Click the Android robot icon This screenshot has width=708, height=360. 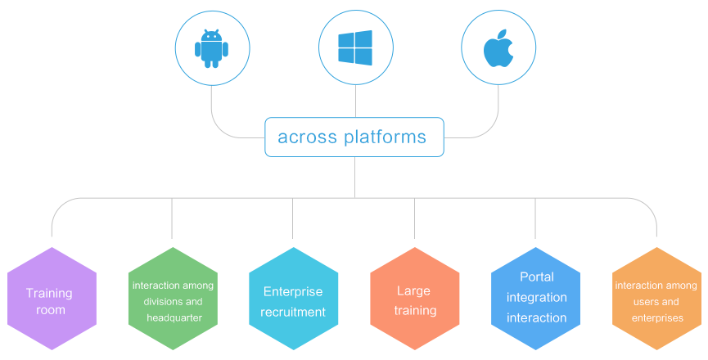coord(211,48)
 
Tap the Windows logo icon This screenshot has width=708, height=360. coord(355,47)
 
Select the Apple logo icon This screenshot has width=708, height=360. coord(498,48)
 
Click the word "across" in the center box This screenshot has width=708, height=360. coord(307,137)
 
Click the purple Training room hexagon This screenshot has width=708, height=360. coord(52,299)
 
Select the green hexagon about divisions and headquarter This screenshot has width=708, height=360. coord(173,299)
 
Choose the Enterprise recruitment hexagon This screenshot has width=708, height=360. coord(294,299)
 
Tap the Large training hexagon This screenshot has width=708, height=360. coord(414,299)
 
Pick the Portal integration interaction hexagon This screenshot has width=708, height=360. coord(535,299)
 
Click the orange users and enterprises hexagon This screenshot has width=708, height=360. coord(656,299)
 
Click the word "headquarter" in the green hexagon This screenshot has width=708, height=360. coord(174,318)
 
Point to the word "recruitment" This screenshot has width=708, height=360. coord(293,313)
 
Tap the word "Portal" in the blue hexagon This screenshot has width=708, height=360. coord(537,277)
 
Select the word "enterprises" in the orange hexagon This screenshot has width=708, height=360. coord(657,318)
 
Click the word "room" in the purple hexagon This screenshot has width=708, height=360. coord(51,310)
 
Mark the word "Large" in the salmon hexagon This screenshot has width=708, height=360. coord(413,291)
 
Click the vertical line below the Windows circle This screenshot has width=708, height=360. coord(355,101)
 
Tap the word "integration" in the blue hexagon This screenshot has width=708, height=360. coord(536,298)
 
